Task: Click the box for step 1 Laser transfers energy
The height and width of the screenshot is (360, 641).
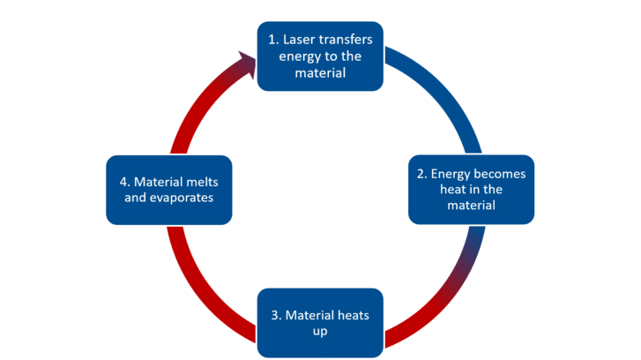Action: click(x=320, y=56)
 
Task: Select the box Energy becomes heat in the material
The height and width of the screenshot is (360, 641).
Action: click(x=471, y=189)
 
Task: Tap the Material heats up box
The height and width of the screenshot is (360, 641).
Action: click(x=320, y=322)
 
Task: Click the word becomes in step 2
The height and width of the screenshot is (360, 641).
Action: click(x=496, y=174)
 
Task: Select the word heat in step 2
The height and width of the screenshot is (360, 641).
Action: click(x=453, y=190)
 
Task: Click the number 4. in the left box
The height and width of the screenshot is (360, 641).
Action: click(x=125, y=182)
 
